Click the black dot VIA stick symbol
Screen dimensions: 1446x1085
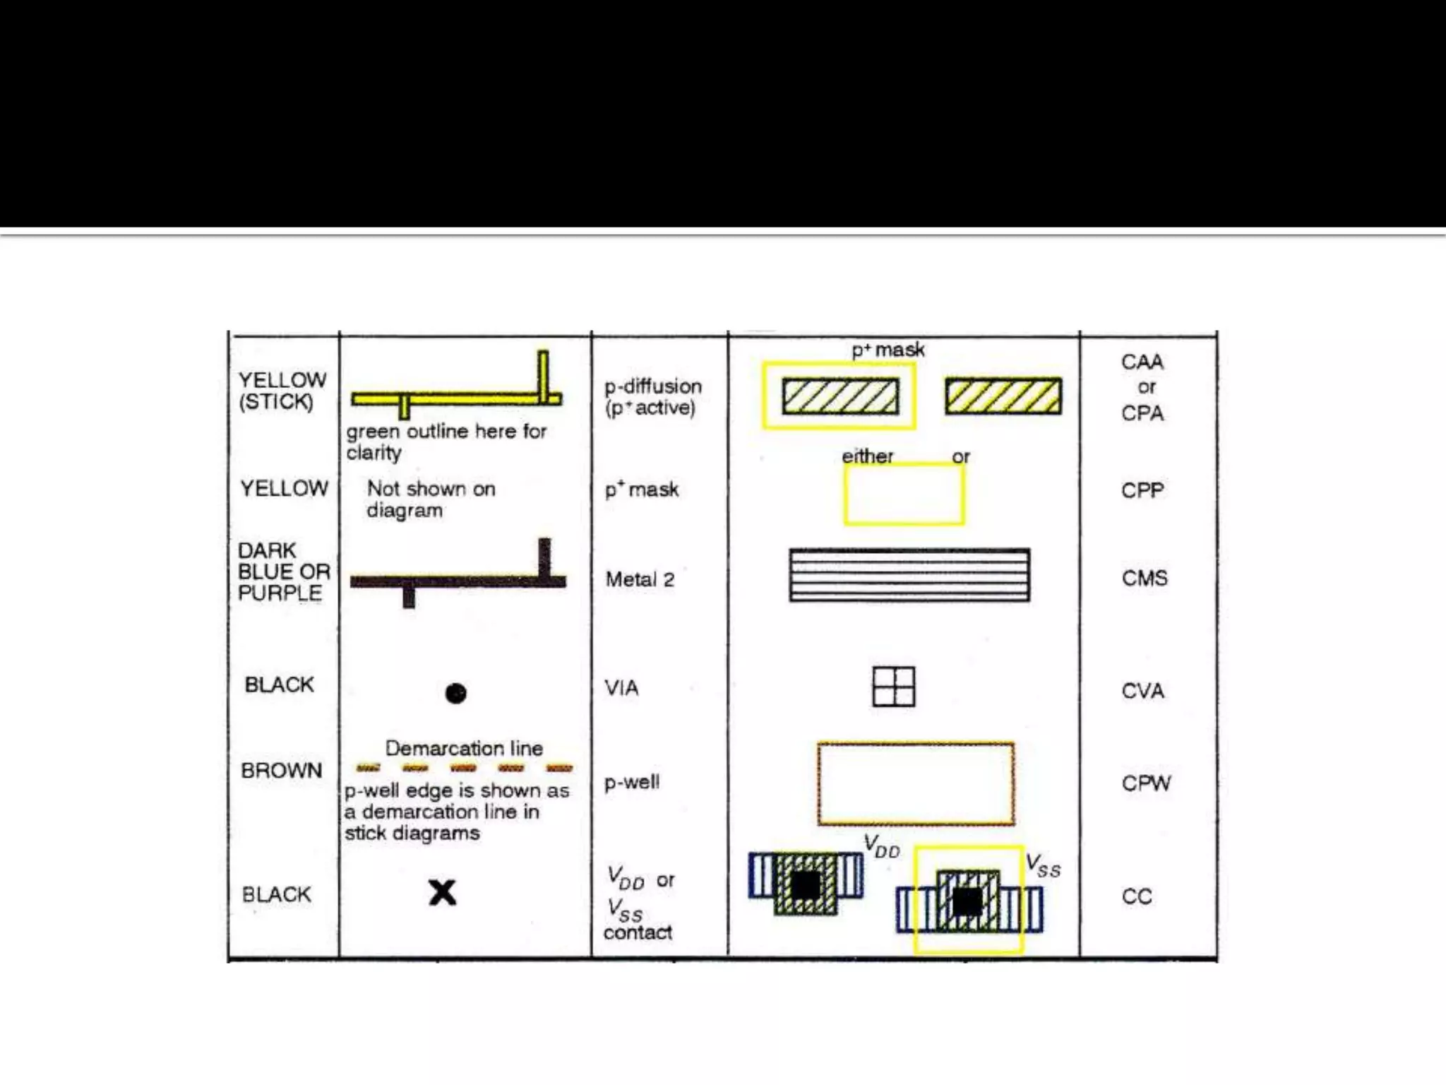456,693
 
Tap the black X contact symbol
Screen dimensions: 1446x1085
443,893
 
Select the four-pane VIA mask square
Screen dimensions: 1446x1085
894,687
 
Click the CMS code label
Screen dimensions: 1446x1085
1145,579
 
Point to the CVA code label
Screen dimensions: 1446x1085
1142,691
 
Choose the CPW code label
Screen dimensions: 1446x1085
1146,783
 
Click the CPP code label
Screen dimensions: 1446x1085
1142,490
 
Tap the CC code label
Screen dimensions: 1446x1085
1137,896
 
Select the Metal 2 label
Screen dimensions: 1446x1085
640,580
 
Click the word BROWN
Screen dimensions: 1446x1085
281,770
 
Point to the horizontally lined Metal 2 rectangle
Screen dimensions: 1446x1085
909,575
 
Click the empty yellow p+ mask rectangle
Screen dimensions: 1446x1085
904,494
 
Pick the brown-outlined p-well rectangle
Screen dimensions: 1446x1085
916,783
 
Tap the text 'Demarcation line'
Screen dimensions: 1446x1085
464,748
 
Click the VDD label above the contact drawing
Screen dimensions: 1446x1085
882,846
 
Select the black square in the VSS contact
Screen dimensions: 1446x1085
967,901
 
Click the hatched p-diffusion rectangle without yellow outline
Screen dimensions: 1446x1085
1003,396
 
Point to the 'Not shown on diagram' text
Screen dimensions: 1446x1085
431,499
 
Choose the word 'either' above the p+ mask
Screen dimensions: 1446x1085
867,456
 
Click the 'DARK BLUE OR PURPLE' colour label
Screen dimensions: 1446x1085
283,571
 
